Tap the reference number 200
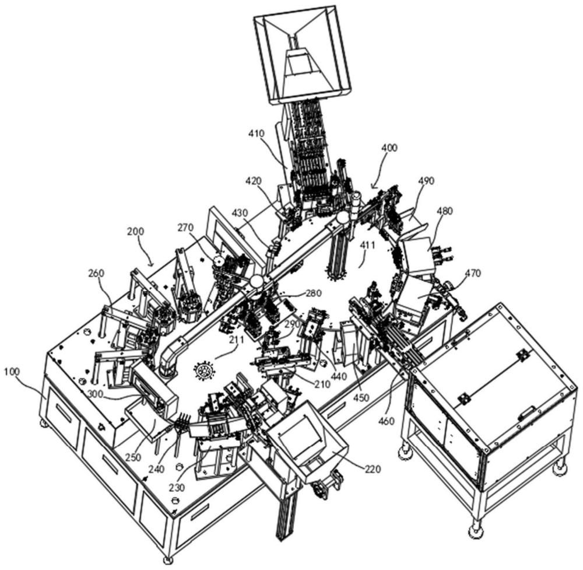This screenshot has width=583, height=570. point(135,231)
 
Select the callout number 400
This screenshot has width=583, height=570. point(389,148)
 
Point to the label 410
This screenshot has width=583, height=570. point(256,133)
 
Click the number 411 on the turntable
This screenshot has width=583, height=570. point(368,244)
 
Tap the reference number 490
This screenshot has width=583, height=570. point(426,181)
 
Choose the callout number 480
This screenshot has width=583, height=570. point(445,211)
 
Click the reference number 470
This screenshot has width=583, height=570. point(473,274)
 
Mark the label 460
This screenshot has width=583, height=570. point(387,421)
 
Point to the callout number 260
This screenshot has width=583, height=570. point(96,273)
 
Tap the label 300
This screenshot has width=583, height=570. point(97,393)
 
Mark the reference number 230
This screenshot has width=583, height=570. point(177,487)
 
